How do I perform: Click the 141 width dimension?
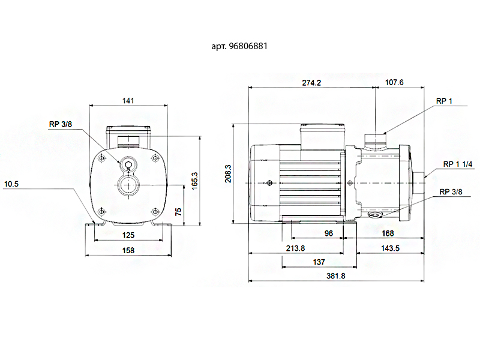click(x=128, y=100)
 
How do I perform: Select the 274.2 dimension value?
click(x=312, y=83)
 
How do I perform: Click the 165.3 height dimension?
click(x=194, y=181)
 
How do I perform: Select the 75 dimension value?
click(x=178, y=211)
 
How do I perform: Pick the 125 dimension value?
click(x=128, y=235)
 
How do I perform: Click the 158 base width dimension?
click(x=128, y=250)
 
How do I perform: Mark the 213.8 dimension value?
click(x=295, y=248)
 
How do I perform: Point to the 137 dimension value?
click(x=319, y=262)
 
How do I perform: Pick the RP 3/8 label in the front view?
click(x=61, y=125)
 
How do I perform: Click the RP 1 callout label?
click(x=444, y=101)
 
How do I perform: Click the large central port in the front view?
click(x=128, y=185)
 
